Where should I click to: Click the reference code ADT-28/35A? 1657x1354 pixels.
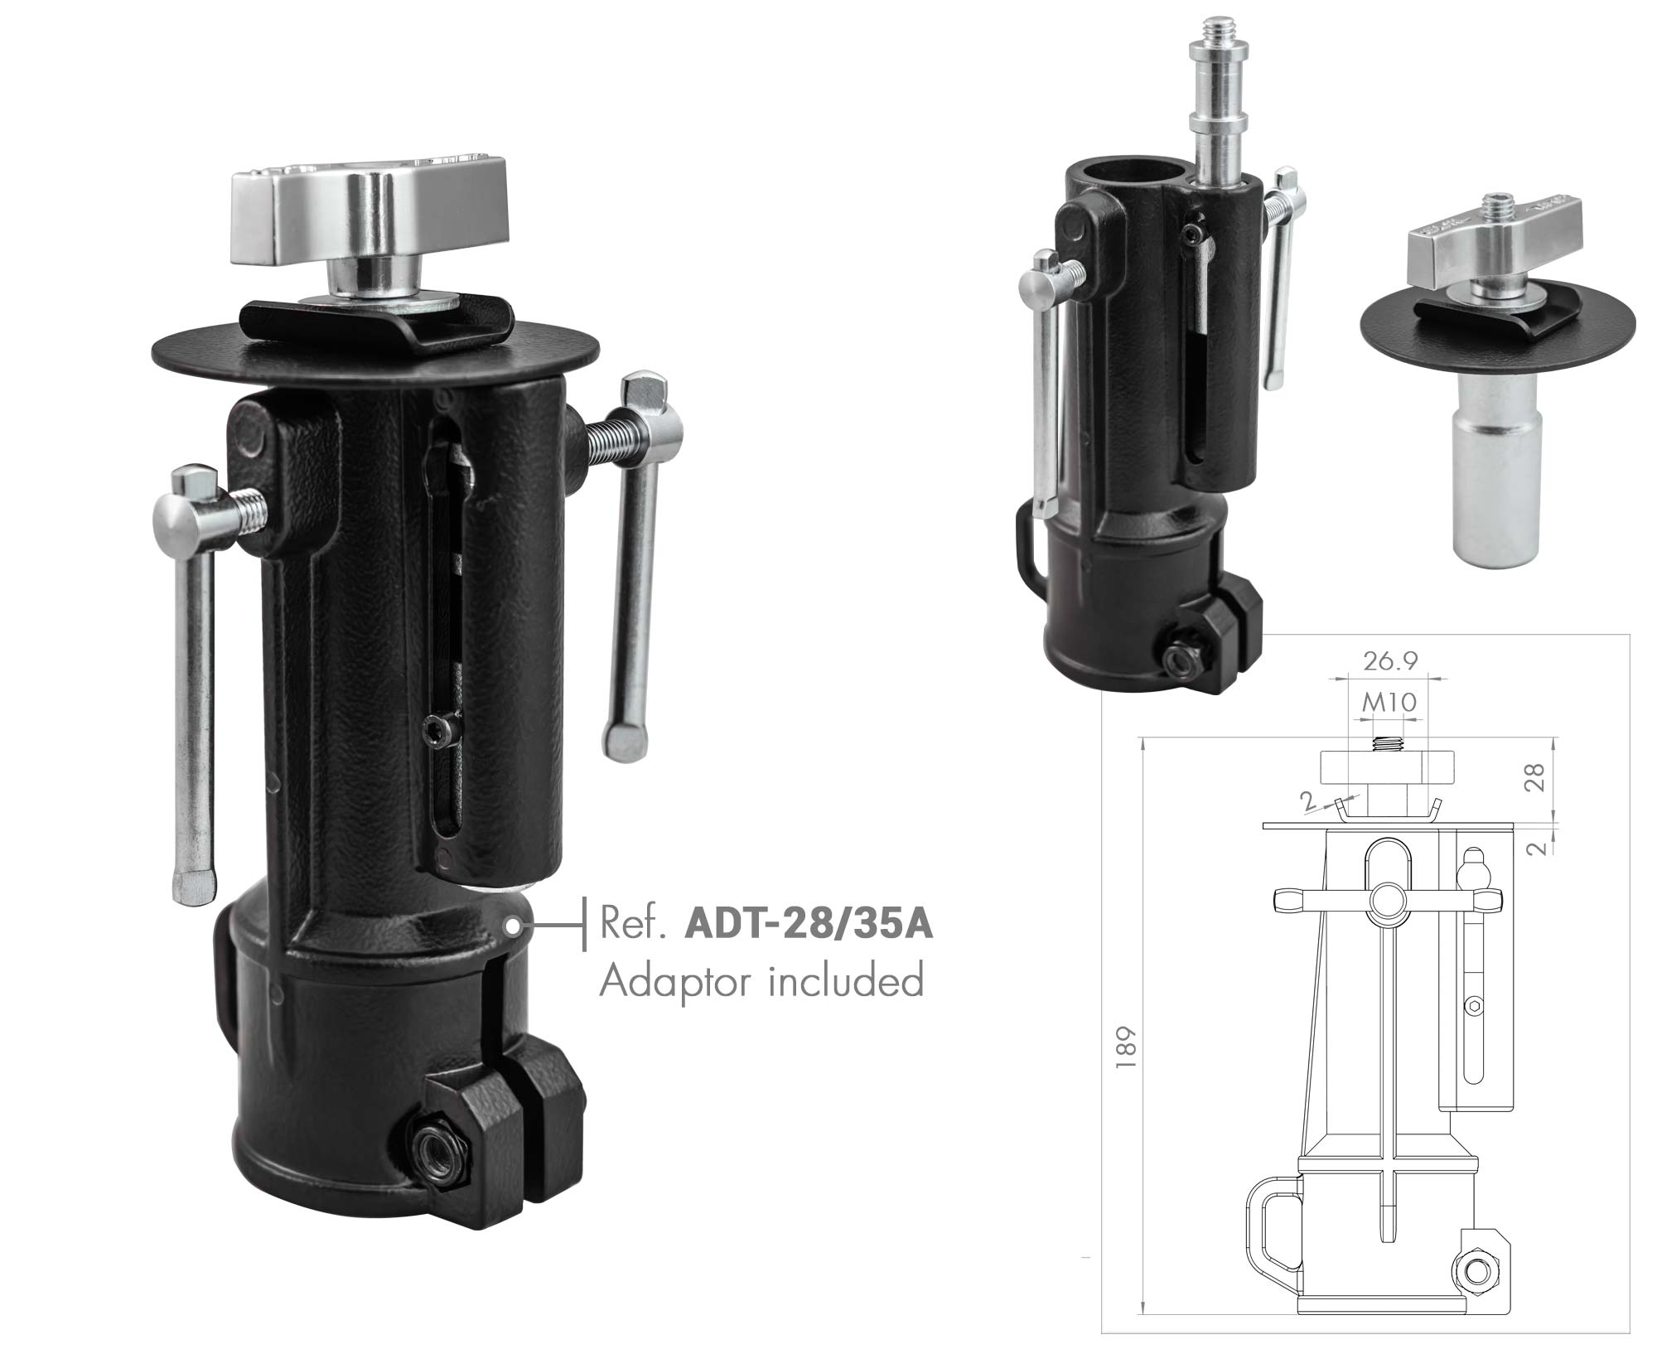pos(809,925)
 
